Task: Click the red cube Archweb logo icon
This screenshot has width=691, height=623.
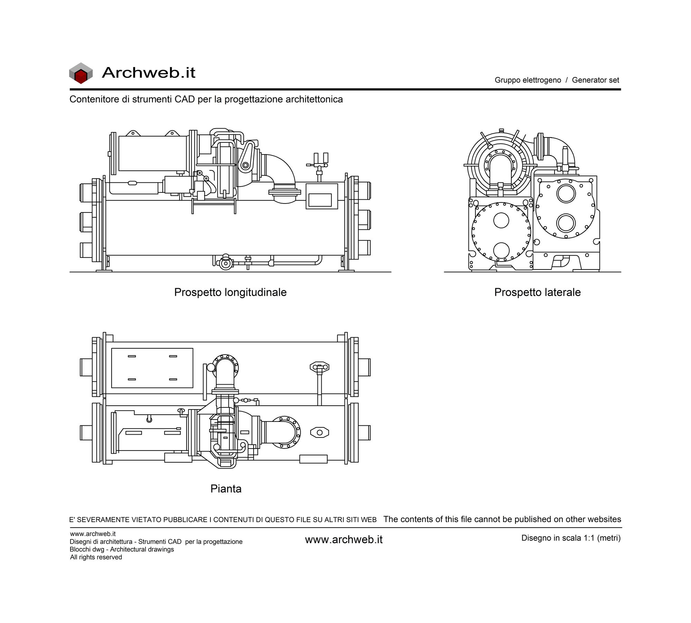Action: tap(81, 73)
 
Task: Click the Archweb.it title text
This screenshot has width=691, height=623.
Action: tap(149, 73)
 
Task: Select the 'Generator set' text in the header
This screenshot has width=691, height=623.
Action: tap(595, 80)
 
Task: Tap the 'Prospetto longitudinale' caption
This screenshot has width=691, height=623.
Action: tap(230, 292)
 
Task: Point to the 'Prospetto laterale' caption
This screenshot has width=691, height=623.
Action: tap(537, 292)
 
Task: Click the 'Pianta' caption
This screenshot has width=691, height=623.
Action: tap(226, 489)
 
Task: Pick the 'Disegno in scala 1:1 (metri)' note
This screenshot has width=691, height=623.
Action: tap(571, 538)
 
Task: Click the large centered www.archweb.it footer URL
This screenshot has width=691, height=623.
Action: tap(344, 540)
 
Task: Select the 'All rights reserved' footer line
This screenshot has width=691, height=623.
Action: tap(96, 557)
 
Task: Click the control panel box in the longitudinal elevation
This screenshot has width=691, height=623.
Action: tap(322, 196)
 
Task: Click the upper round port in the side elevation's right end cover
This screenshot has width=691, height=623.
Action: tap(566, 193)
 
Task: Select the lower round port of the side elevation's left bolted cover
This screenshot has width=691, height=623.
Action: tap(501, 250)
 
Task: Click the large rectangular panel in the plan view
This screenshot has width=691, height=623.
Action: tap(152, 368)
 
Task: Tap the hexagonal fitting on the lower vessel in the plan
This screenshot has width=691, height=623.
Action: tap(320, 432)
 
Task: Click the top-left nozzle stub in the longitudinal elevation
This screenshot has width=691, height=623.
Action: tap(87, 193)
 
